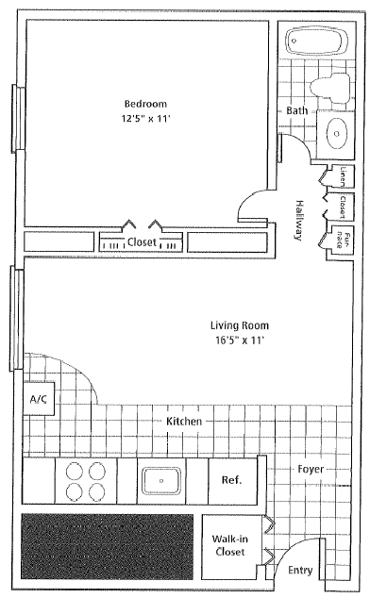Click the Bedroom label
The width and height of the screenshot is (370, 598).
(145, 104)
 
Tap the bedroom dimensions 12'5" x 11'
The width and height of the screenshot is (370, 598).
(145, 120)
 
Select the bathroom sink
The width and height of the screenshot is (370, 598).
(336, 135)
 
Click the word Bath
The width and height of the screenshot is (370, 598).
(297, 111)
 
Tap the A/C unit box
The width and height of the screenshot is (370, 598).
(39, 400)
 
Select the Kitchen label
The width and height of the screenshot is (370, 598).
(184, 421)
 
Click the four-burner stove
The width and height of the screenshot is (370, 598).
(87, 479)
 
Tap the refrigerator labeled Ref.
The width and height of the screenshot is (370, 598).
(231, 479)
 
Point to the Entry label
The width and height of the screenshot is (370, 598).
(300, 570)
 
